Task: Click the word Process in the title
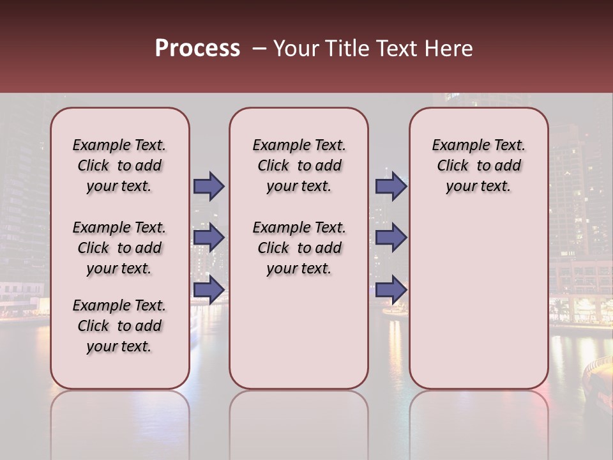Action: pyautogui.click(x=197, y=49)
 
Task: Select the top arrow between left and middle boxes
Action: pyautogui.click(x=209, y=186)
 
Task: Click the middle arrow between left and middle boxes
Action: pyautogui.click(x=209, y=238)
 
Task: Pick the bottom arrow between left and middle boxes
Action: pyautogui.click(x=209, y=289)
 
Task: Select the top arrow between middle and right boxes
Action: pyautogui.click(x=391, y=186)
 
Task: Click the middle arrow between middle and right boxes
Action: pyautogui.click(x=391, y=238)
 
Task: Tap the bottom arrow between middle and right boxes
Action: pyautogui.click(x=391, y=289)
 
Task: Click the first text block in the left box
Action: pyautogui.click(x=119, y=165)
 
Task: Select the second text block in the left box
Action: pyautogui.click(x=119, y=248)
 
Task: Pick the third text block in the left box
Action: pyautogui.click(x=119, y=326)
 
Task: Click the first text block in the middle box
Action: pyautogui.click(x=299, y=165)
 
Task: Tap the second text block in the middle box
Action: pyautogui.click(x=299, y=248)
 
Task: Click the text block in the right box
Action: pyautogui.click(x=478, y=165)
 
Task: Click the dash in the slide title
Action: pyautogui.click(x=259, y=49)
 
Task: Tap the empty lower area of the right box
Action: pyautogui.click(x=478, y=300)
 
